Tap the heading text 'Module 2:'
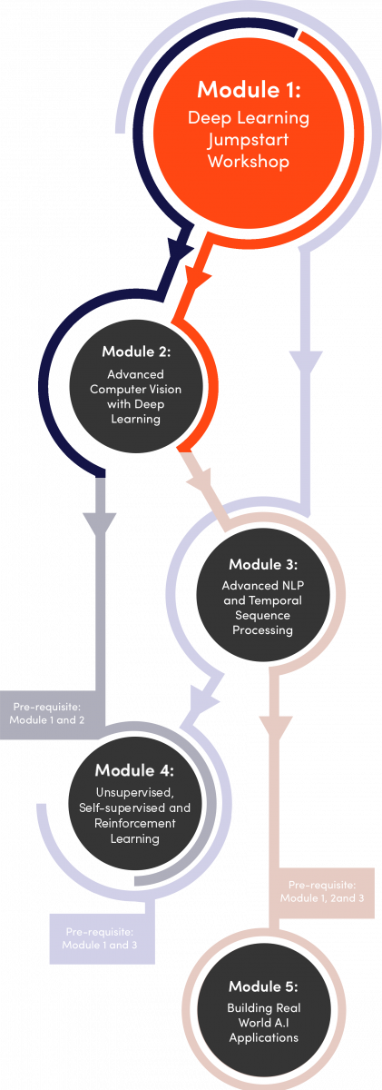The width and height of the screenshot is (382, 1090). [x=136, y=352]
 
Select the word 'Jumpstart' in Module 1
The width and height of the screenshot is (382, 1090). [x=249, y=140]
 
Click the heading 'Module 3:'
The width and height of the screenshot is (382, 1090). [x=263, y=564]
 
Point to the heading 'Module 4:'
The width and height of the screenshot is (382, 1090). [x=134, y=770]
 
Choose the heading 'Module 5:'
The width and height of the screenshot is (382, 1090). [x=263, y=986]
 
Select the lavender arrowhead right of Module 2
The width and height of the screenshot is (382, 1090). [x=306, y=363]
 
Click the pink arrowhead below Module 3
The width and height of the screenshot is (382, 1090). [x=275, y=728]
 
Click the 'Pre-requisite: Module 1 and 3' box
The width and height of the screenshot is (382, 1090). [x=102, y=938]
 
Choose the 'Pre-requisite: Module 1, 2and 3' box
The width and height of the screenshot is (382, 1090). [x=322, y=892]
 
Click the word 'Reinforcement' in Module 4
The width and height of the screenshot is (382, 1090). [x=134, y=823]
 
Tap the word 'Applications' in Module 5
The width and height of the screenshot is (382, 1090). [x=263, y=1038]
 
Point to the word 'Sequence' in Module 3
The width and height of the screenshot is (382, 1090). [x=262, y=615]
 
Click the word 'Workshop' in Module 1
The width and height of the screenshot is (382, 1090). [x=249, y=161]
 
